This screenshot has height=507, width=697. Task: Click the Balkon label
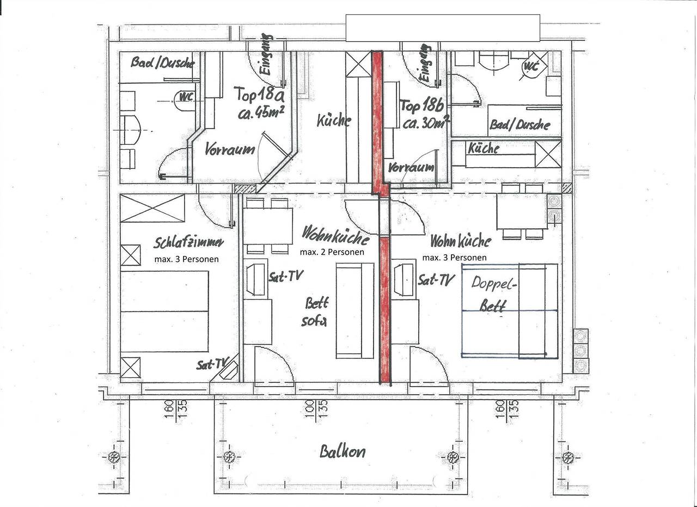(342, 451)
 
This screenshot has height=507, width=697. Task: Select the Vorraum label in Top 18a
(229, 149)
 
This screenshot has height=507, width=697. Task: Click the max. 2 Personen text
(332, 252)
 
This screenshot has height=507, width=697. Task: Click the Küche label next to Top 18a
(334, 120)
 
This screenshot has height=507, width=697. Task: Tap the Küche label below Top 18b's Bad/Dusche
(484, 148)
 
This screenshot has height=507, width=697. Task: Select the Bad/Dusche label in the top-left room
(162, 63)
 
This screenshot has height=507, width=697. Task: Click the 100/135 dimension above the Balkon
(315, 406)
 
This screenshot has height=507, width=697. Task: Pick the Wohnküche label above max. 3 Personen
(460, 241)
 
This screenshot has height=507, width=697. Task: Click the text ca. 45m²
(262, 113)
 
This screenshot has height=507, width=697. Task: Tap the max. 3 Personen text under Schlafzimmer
(186, 259)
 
